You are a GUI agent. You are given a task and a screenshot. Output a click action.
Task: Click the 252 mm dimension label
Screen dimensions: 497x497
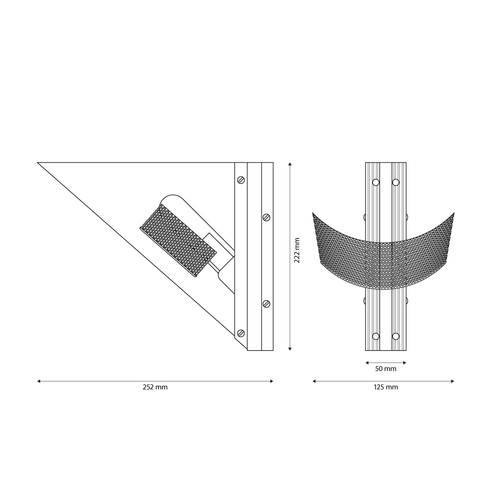point(155,387)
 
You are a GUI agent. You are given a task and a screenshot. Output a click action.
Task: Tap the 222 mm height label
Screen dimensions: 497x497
point(297,250)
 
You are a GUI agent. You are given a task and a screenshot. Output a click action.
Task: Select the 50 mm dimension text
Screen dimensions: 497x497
point(386,369)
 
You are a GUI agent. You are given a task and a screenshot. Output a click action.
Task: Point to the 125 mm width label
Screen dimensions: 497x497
point(386,387)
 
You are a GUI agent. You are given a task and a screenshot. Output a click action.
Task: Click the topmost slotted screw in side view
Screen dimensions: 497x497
point(241,180)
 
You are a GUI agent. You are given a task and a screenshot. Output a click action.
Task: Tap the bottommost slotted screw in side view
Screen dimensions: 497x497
point(241,333)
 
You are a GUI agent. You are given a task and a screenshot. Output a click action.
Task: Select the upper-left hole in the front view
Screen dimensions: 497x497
point(376,182)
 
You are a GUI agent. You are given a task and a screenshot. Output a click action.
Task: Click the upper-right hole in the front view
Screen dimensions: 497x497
point(396,182)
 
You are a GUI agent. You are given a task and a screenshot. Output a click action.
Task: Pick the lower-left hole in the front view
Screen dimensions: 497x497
point(376,336)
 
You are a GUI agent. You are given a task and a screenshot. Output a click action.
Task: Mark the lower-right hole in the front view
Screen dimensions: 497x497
point(396,336)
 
